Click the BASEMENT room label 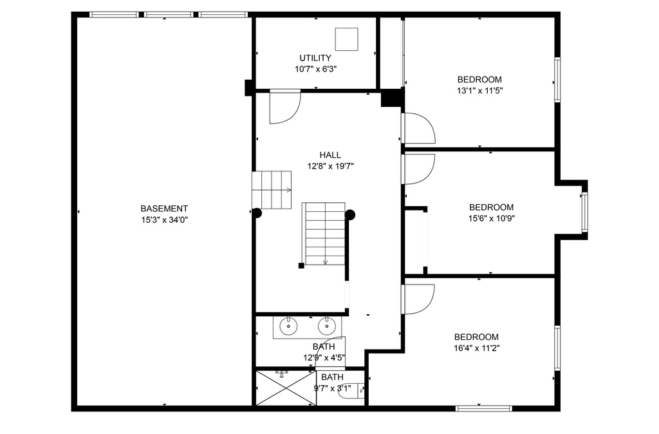point(164,209)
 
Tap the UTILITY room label point(315,58)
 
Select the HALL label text point(330,155)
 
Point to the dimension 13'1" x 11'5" point(479,90)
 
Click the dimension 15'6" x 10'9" point(491,218)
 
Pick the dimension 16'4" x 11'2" point(477,348)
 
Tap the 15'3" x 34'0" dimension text point(164,220)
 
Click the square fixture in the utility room point(346,39)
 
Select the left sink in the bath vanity point(288,325)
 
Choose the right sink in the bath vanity point(326,325)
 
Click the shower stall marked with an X point(286,388)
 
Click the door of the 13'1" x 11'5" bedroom point(418,128)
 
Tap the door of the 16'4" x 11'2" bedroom point(418,299)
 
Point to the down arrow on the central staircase point(325,262)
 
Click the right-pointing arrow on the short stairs point(289,190)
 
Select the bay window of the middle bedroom point(584,212)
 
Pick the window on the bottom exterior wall point(484,408)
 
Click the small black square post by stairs point(301,265)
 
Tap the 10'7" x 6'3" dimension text point(315,69)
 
